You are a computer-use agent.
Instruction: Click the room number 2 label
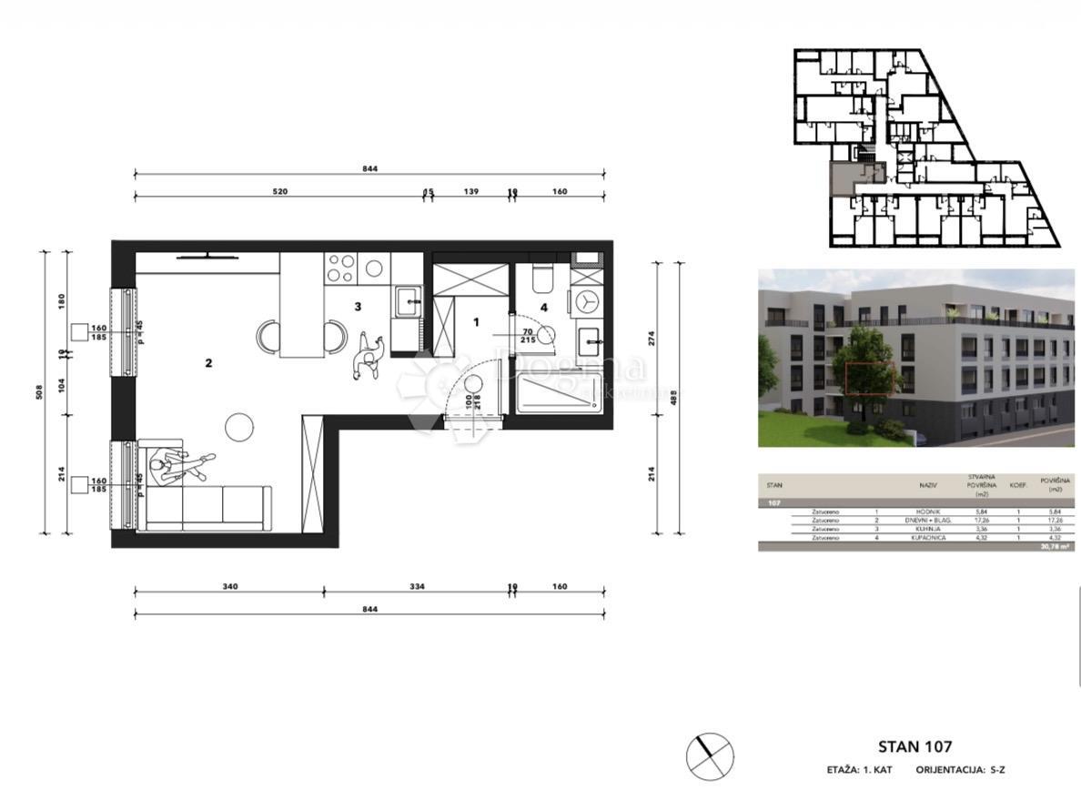pyautogui.click(x=208, y=363)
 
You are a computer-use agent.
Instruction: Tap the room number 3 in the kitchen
pyautogui.click(x=359, y=307)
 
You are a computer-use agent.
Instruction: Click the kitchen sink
pyautogui.click(x=408, y=298)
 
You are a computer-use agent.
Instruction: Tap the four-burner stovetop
pyautogui.click(x=341, y=267)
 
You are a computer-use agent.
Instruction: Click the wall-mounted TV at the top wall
pyautogui.click(x=209, y=256)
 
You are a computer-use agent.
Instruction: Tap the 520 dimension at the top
pyautogui.click(x=280, y=192)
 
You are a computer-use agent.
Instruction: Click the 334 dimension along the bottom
pyautogui.click(x=417, y=586)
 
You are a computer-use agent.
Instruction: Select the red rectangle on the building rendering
pyautogui.click(x=870, y=378)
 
